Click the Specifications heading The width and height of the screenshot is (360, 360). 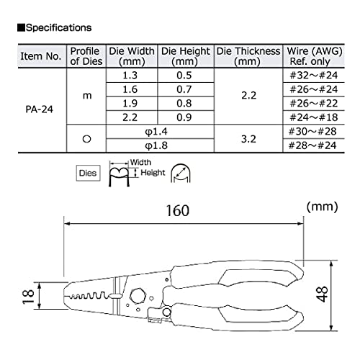[55, 29]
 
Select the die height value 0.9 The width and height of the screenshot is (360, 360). [186, 117]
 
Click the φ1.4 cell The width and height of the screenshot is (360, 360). [159, 131]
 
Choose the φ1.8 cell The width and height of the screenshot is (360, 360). [159, 145]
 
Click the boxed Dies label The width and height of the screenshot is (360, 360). [88, 172]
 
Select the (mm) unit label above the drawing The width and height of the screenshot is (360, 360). [322, 206]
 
